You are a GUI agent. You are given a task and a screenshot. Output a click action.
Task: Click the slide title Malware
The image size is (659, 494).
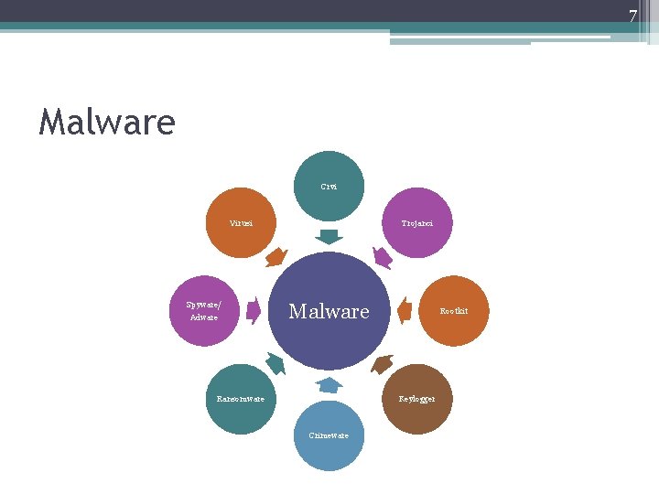(106, 122)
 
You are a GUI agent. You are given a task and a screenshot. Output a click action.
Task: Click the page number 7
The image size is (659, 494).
(632, 16)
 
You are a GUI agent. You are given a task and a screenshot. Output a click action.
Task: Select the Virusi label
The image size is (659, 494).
(241, 223)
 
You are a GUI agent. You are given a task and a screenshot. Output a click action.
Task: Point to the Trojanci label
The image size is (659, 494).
(416, 223)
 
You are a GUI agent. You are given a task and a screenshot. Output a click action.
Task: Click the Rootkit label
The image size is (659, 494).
(453, 311)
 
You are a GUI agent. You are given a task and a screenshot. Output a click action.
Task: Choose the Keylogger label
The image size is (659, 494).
(416, 399)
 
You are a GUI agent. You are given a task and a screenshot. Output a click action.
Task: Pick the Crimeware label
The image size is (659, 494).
(329, 435)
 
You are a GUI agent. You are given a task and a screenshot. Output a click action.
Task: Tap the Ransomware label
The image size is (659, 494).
(241, 399)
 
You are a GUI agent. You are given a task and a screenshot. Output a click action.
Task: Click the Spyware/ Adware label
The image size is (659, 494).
(203, 311)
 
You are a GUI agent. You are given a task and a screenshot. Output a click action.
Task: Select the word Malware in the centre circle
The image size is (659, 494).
(329, 312)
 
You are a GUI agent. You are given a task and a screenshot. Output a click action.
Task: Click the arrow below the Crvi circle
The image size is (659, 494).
(329, 236)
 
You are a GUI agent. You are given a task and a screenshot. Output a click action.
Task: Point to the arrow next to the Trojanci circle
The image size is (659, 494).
(383, 257)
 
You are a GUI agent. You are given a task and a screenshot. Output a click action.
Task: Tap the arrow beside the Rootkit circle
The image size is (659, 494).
(404, 311)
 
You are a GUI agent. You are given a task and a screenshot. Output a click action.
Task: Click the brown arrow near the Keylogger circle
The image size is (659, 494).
(383, 364)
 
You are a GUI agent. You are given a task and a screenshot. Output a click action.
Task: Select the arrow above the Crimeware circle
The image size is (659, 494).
(329, 385)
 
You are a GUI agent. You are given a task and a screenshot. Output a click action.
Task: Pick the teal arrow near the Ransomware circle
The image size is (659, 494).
(275, 364)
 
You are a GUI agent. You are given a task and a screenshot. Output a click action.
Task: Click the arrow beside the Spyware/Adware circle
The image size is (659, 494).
(254, 311)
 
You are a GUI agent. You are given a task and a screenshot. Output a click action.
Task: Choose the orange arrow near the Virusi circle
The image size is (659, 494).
(275, 257)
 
